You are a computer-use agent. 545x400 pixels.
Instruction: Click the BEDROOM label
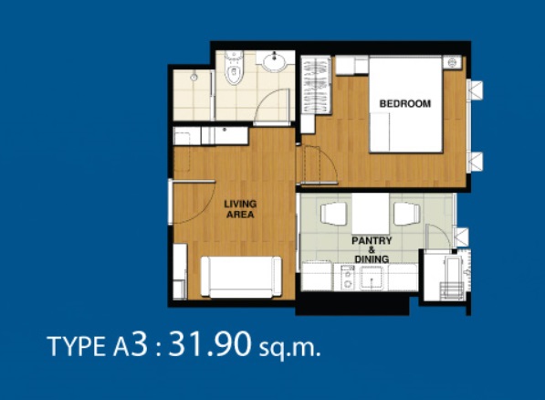click(x=405, y=103)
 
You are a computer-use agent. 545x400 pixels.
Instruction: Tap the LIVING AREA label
click(x=240, y=209)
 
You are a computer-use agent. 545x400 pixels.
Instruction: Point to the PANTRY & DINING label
click(x=372, y=249)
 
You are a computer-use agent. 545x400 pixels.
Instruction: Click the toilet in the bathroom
click(x=234, y=68)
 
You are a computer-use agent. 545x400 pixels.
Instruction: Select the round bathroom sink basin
click(x=275, y=62)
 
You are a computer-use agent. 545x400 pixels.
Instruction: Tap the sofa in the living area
click(x=241, y=277)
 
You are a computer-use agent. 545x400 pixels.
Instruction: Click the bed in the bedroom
click(x=405, y=105)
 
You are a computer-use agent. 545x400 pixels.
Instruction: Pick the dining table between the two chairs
click(x=370, y=214)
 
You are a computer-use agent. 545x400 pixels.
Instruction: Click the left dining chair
click(x=334, y=214)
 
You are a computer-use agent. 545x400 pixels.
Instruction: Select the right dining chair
click(x=407, y=214)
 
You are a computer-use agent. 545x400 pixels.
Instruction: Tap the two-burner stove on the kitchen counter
click(x=347, y=278)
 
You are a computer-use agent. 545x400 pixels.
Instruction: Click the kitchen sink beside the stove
click(x=372, y=278)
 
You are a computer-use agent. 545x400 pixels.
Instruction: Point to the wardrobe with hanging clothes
click(x=316, y=85)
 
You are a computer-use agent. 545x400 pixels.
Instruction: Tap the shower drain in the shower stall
click(x=194, y=77)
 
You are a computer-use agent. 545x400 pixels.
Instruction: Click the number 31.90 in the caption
click(x=209, y=344)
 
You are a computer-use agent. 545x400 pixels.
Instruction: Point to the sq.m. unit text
click(x=290, y=348)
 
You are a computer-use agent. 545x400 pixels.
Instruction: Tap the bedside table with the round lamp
click(x=452, y=63)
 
